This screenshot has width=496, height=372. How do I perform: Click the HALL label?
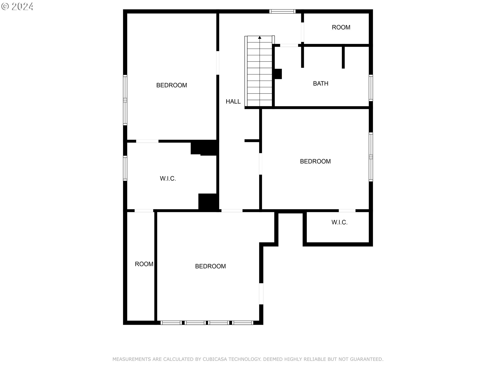pos(233,102)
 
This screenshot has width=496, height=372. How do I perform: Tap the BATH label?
pos(321,83)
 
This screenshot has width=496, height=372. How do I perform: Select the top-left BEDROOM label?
pos(172,85)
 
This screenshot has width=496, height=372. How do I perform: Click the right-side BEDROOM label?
pos(315,161)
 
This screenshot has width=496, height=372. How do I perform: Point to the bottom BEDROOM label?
pos(210,266)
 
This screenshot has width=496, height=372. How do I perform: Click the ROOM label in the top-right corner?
pos(341,27)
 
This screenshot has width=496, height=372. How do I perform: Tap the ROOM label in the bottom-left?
pos(144,264)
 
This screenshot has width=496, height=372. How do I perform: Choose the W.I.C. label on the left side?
pos(168,179)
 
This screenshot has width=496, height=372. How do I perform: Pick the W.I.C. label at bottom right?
pos(339,222)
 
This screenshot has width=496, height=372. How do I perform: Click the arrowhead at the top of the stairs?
pos(260,37)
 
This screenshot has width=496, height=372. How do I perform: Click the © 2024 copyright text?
pos(17,6)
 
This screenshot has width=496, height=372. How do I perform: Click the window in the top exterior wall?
pos(282,11)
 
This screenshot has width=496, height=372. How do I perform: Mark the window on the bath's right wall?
pos(371,88)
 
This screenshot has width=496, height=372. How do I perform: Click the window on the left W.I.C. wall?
pos(125,168)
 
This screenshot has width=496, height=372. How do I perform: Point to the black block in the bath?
pos(278,74)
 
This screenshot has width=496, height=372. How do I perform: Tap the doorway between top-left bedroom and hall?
pos(218,63)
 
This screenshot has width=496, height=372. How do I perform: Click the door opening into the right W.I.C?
pos(347,211)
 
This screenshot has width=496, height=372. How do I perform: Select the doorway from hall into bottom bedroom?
pos(232,211)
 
